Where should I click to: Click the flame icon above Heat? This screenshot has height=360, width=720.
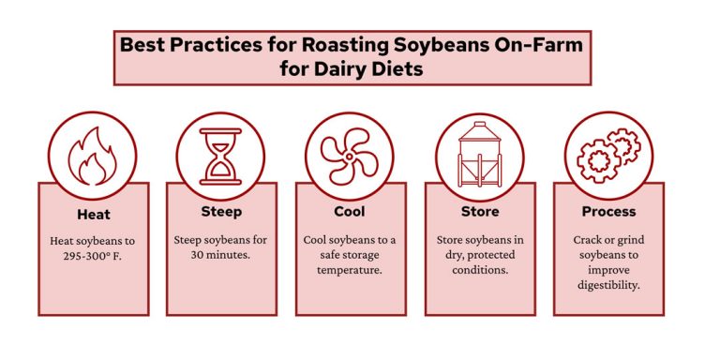[x=92, y=156]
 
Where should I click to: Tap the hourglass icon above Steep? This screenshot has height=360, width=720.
[x=221, y=156]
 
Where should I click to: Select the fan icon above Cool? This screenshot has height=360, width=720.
[x=350, y=156]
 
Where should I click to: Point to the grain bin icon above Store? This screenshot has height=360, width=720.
[x=479, y=156]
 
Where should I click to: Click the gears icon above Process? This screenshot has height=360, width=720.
[x=608, y=156]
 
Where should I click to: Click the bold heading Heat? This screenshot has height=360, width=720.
[x=92, y=214]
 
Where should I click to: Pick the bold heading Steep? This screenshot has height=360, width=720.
[x=221, y=212]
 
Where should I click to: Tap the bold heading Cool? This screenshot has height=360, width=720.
[x=350, y=212]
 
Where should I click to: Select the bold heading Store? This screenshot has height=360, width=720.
[x=479, y=212]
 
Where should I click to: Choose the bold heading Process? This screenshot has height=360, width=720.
[x=608, y=212]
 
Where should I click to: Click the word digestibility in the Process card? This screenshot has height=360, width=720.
[x=608, y=285]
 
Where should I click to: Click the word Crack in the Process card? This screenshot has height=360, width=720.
[x=589, y=240]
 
